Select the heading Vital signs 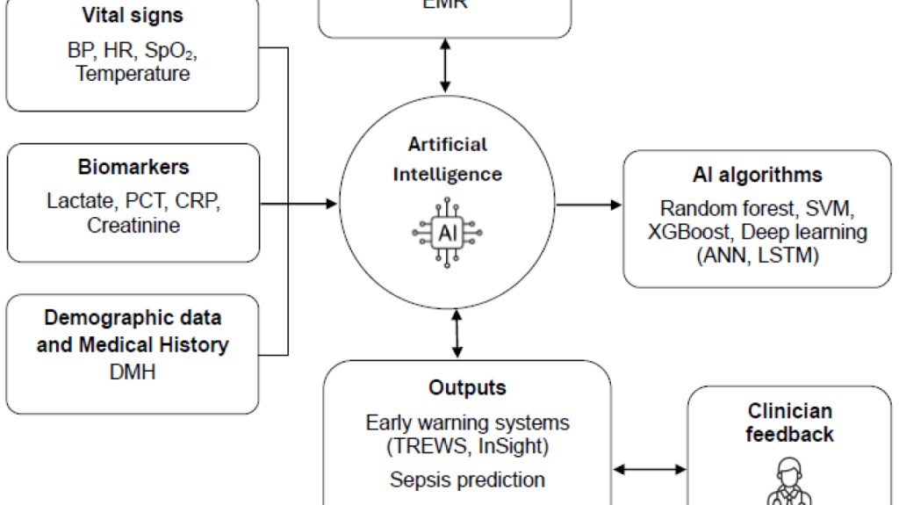132,15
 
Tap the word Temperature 132,74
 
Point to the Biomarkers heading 132,167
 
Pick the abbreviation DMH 132,372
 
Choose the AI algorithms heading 757,174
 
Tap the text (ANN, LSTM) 757,256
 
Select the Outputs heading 467,387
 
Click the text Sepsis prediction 467,480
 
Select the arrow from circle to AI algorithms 589,205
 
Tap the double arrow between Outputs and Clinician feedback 649,470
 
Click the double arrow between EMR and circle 445,66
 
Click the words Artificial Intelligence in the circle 447,159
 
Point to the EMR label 445,4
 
